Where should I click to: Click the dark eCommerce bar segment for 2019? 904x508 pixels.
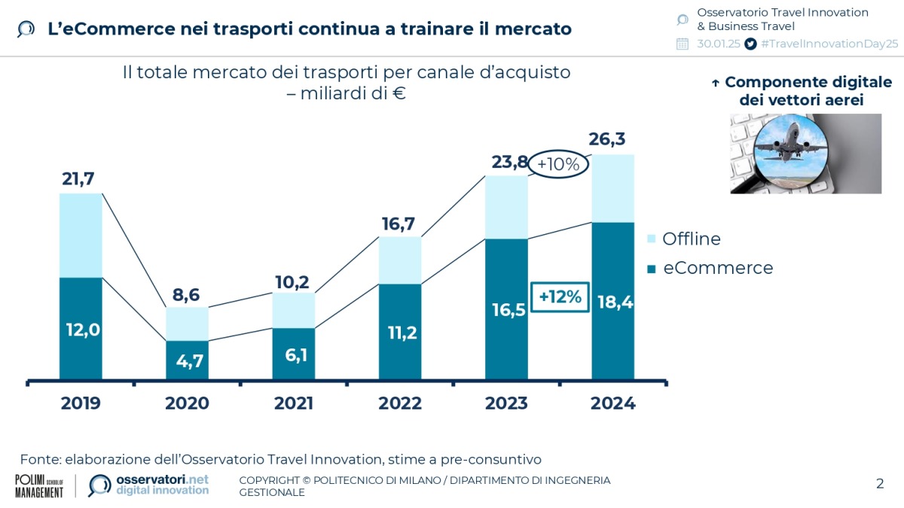point(81,328)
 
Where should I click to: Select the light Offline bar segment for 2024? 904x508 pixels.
point(612,188)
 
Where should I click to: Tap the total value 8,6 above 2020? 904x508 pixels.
point(187,294)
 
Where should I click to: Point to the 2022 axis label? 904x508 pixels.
point(400,403)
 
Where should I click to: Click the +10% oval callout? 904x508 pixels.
point(558,165)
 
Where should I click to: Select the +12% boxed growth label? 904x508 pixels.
point(560,297)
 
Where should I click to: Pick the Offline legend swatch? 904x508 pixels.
point(652,239)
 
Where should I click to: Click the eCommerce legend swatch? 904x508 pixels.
point(652,269)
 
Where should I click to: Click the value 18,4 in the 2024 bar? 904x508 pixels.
point(614,303)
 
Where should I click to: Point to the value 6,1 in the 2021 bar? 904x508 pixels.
point(294,354)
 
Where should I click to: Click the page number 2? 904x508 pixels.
point(879,483)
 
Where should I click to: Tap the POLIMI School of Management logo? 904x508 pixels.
point(39,485)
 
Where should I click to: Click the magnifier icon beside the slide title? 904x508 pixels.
point(26,29)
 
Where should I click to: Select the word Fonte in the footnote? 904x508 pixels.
point(40,459)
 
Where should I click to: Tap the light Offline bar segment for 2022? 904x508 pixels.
point(400,260)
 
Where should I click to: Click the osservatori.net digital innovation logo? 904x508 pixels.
point(149,485)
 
